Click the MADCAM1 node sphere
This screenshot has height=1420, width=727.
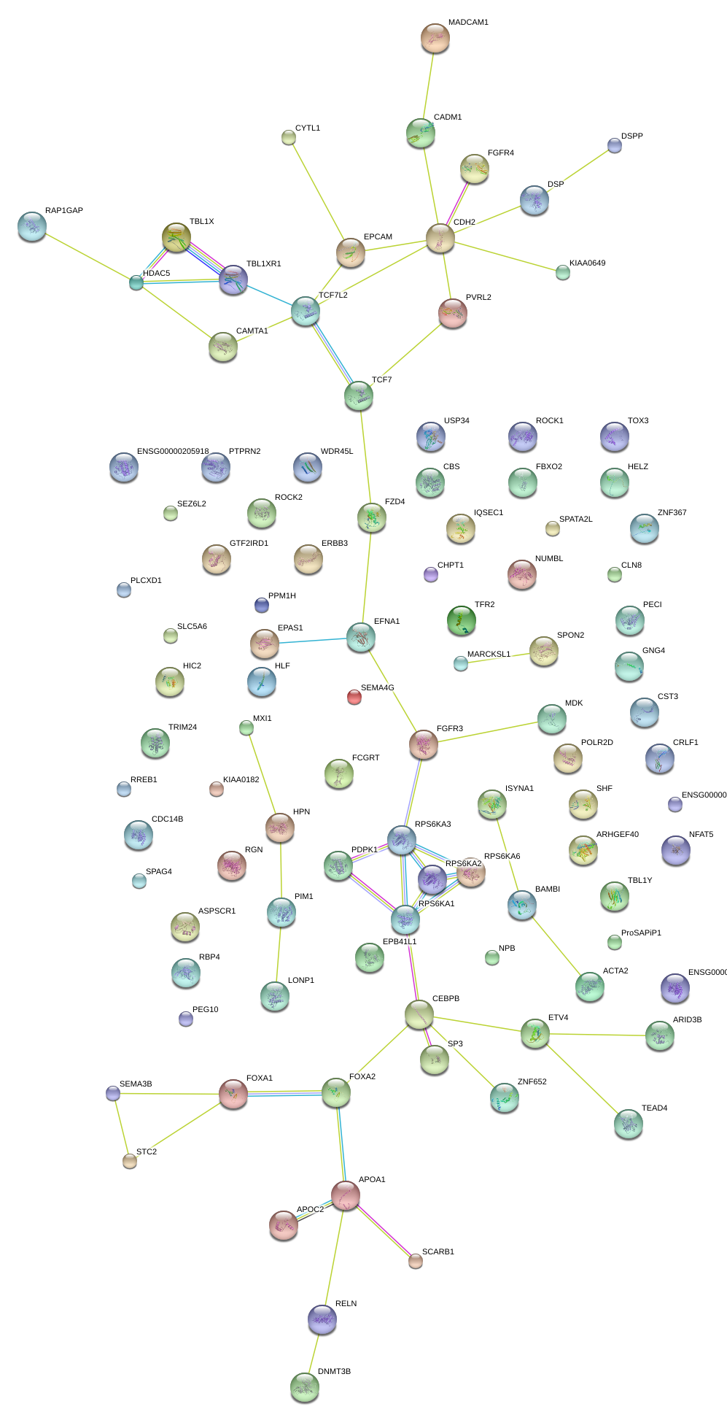point(435,38)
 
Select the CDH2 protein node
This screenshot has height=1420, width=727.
point(440,238)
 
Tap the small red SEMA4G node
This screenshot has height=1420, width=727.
point(354,697)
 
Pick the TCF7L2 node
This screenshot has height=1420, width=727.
point(306,310)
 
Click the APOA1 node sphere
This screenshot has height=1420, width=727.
point(346,1195)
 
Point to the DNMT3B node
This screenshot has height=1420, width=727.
point(305,1387)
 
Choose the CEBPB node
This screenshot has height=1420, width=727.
point(419,1014)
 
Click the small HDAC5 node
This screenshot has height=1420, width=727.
point(136,282)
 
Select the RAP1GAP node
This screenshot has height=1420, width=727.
point(32,226)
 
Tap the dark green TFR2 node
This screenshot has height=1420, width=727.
point(461,620)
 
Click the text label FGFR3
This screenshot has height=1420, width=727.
point(450,729)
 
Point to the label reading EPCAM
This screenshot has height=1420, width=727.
point(378,237)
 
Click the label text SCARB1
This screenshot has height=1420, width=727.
point(438,1251)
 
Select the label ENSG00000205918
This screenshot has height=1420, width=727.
point(173,452)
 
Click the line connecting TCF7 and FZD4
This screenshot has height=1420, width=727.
point(365,456)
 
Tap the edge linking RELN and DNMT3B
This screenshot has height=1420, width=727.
point(314,1353)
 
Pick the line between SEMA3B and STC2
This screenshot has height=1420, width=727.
point(121,1127)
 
